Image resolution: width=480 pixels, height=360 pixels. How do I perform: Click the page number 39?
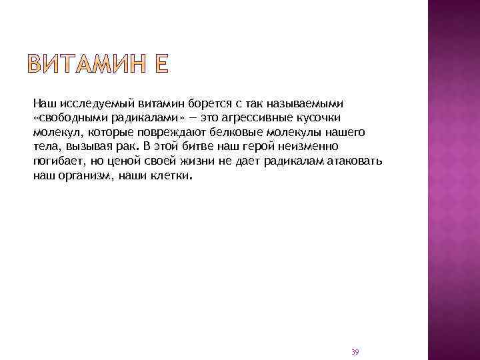[x=355, y=351]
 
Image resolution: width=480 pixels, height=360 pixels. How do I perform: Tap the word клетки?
[x=171, y=177]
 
